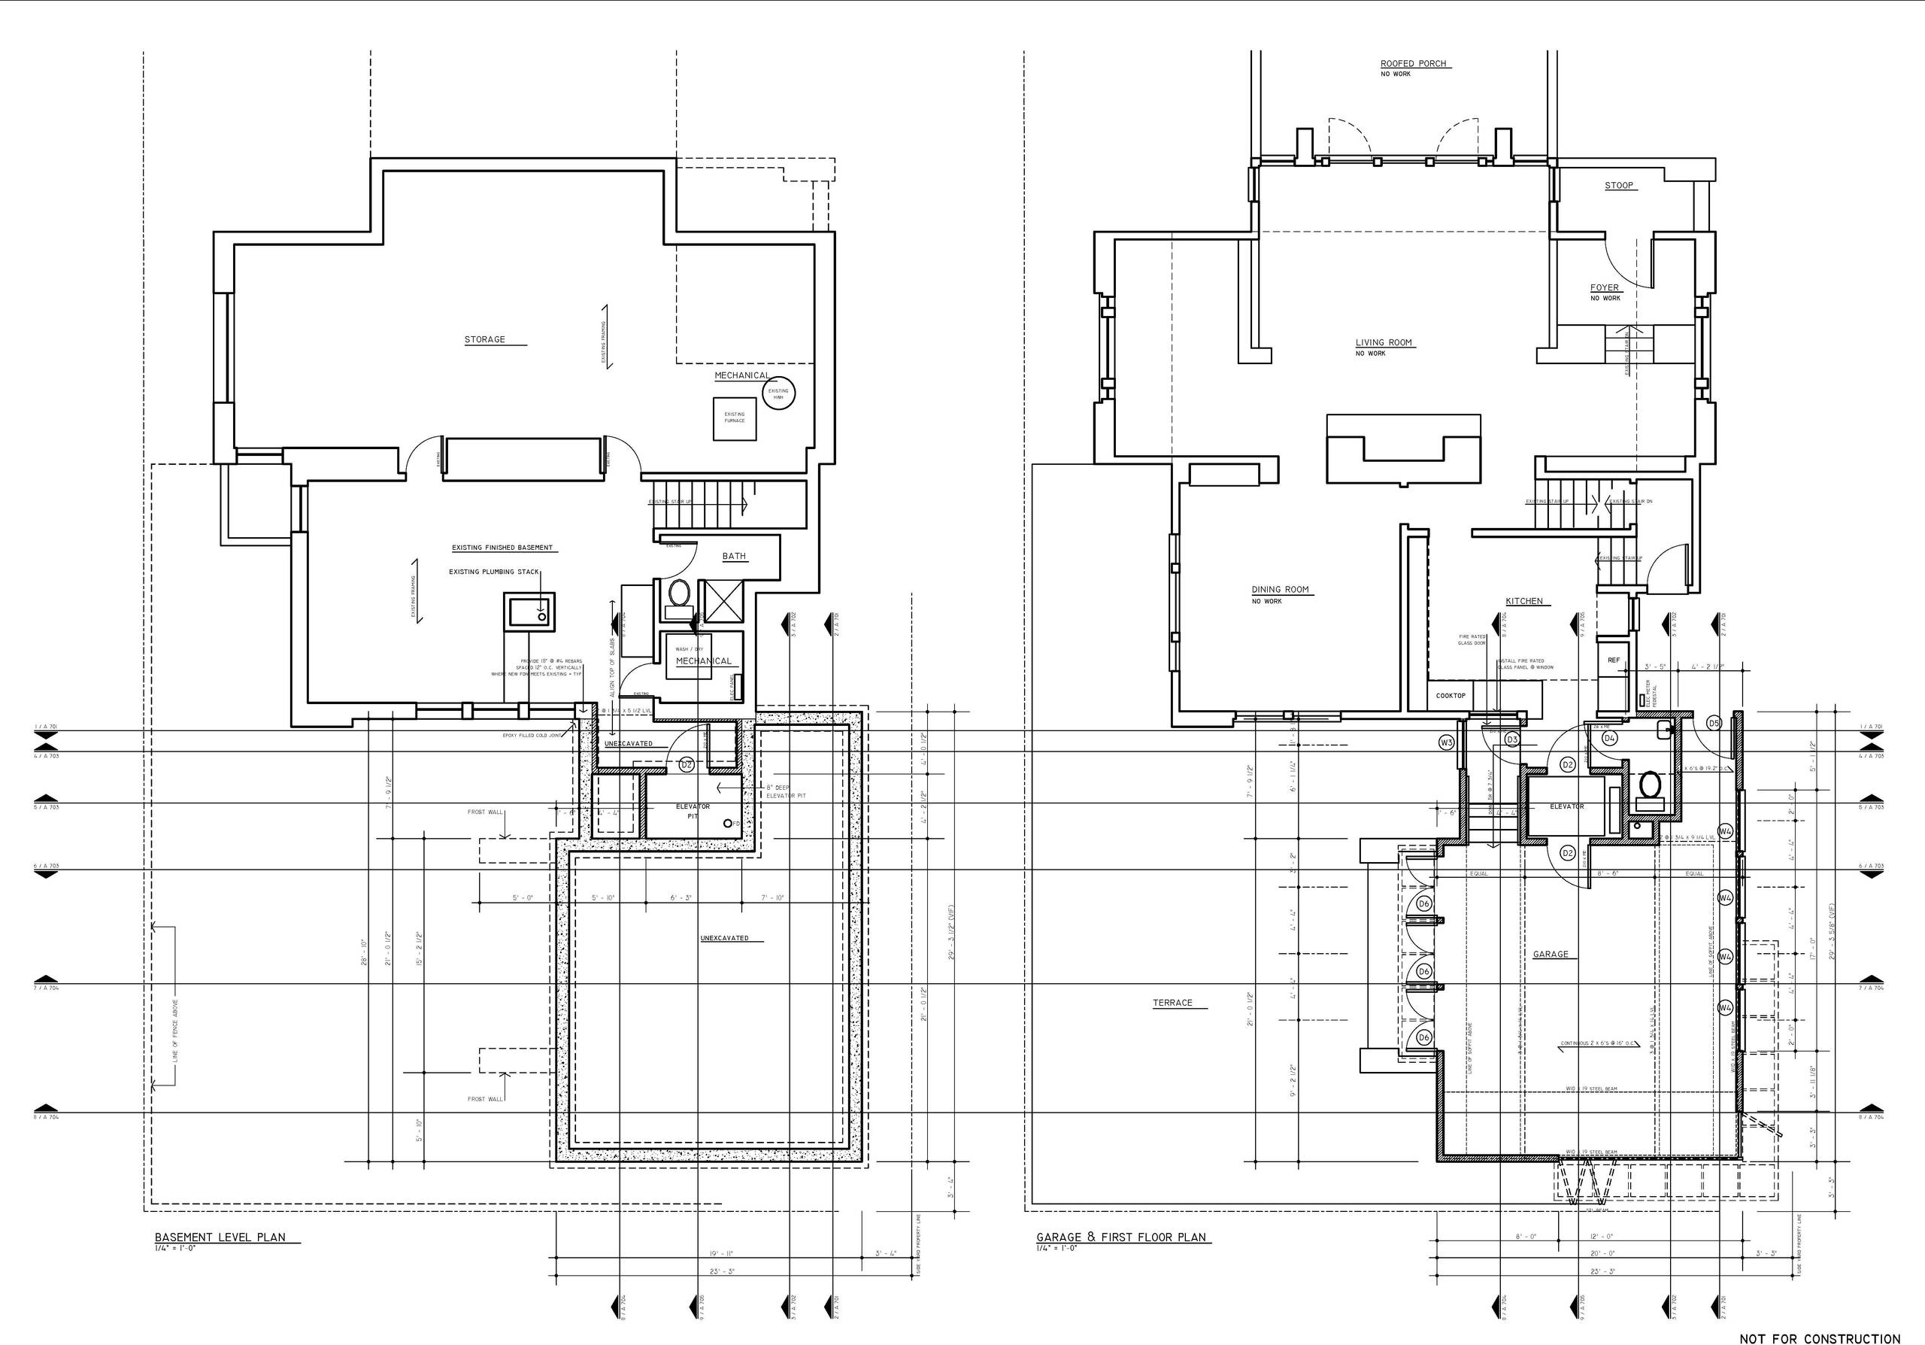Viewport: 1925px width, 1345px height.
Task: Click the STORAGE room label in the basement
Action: (484, 339)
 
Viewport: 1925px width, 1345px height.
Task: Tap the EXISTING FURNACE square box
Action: (735, 417)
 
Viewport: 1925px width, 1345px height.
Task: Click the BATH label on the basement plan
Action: (734, 556)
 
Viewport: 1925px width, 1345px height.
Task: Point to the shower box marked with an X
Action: (722, 600)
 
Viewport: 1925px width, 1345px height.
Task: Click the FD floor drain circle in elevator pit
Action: (727, 824)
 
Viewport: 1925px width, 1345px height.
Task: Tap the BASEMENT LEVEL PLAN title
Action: (220, 1237)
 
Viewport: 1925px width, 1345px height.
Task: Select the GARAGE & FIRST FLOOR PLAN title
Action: (1121, 1237)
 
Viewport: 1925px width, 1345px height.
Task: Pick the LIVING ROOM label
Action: (1384, 342)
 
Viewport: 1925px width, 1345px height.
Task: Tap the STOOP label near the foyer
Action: (1618, 185)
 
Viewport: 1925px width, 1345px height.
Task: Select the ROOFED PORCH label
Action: (1414, 64)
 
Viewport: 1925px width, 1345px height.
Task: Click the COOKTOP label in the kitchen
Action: (1451, 695)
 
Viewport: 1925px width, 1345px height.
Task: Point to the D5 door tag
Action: (1714, 723)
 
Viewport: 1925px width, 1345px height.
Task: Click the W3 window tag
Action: (1445, 742)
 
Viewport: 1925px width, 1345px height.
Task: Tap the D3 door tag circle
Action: (1511, 739)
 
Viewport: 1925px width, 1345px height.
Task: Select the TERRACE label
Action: (1172, 1003)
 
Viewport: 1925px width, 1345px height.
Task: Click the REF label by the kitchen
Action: (1613, 660)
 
